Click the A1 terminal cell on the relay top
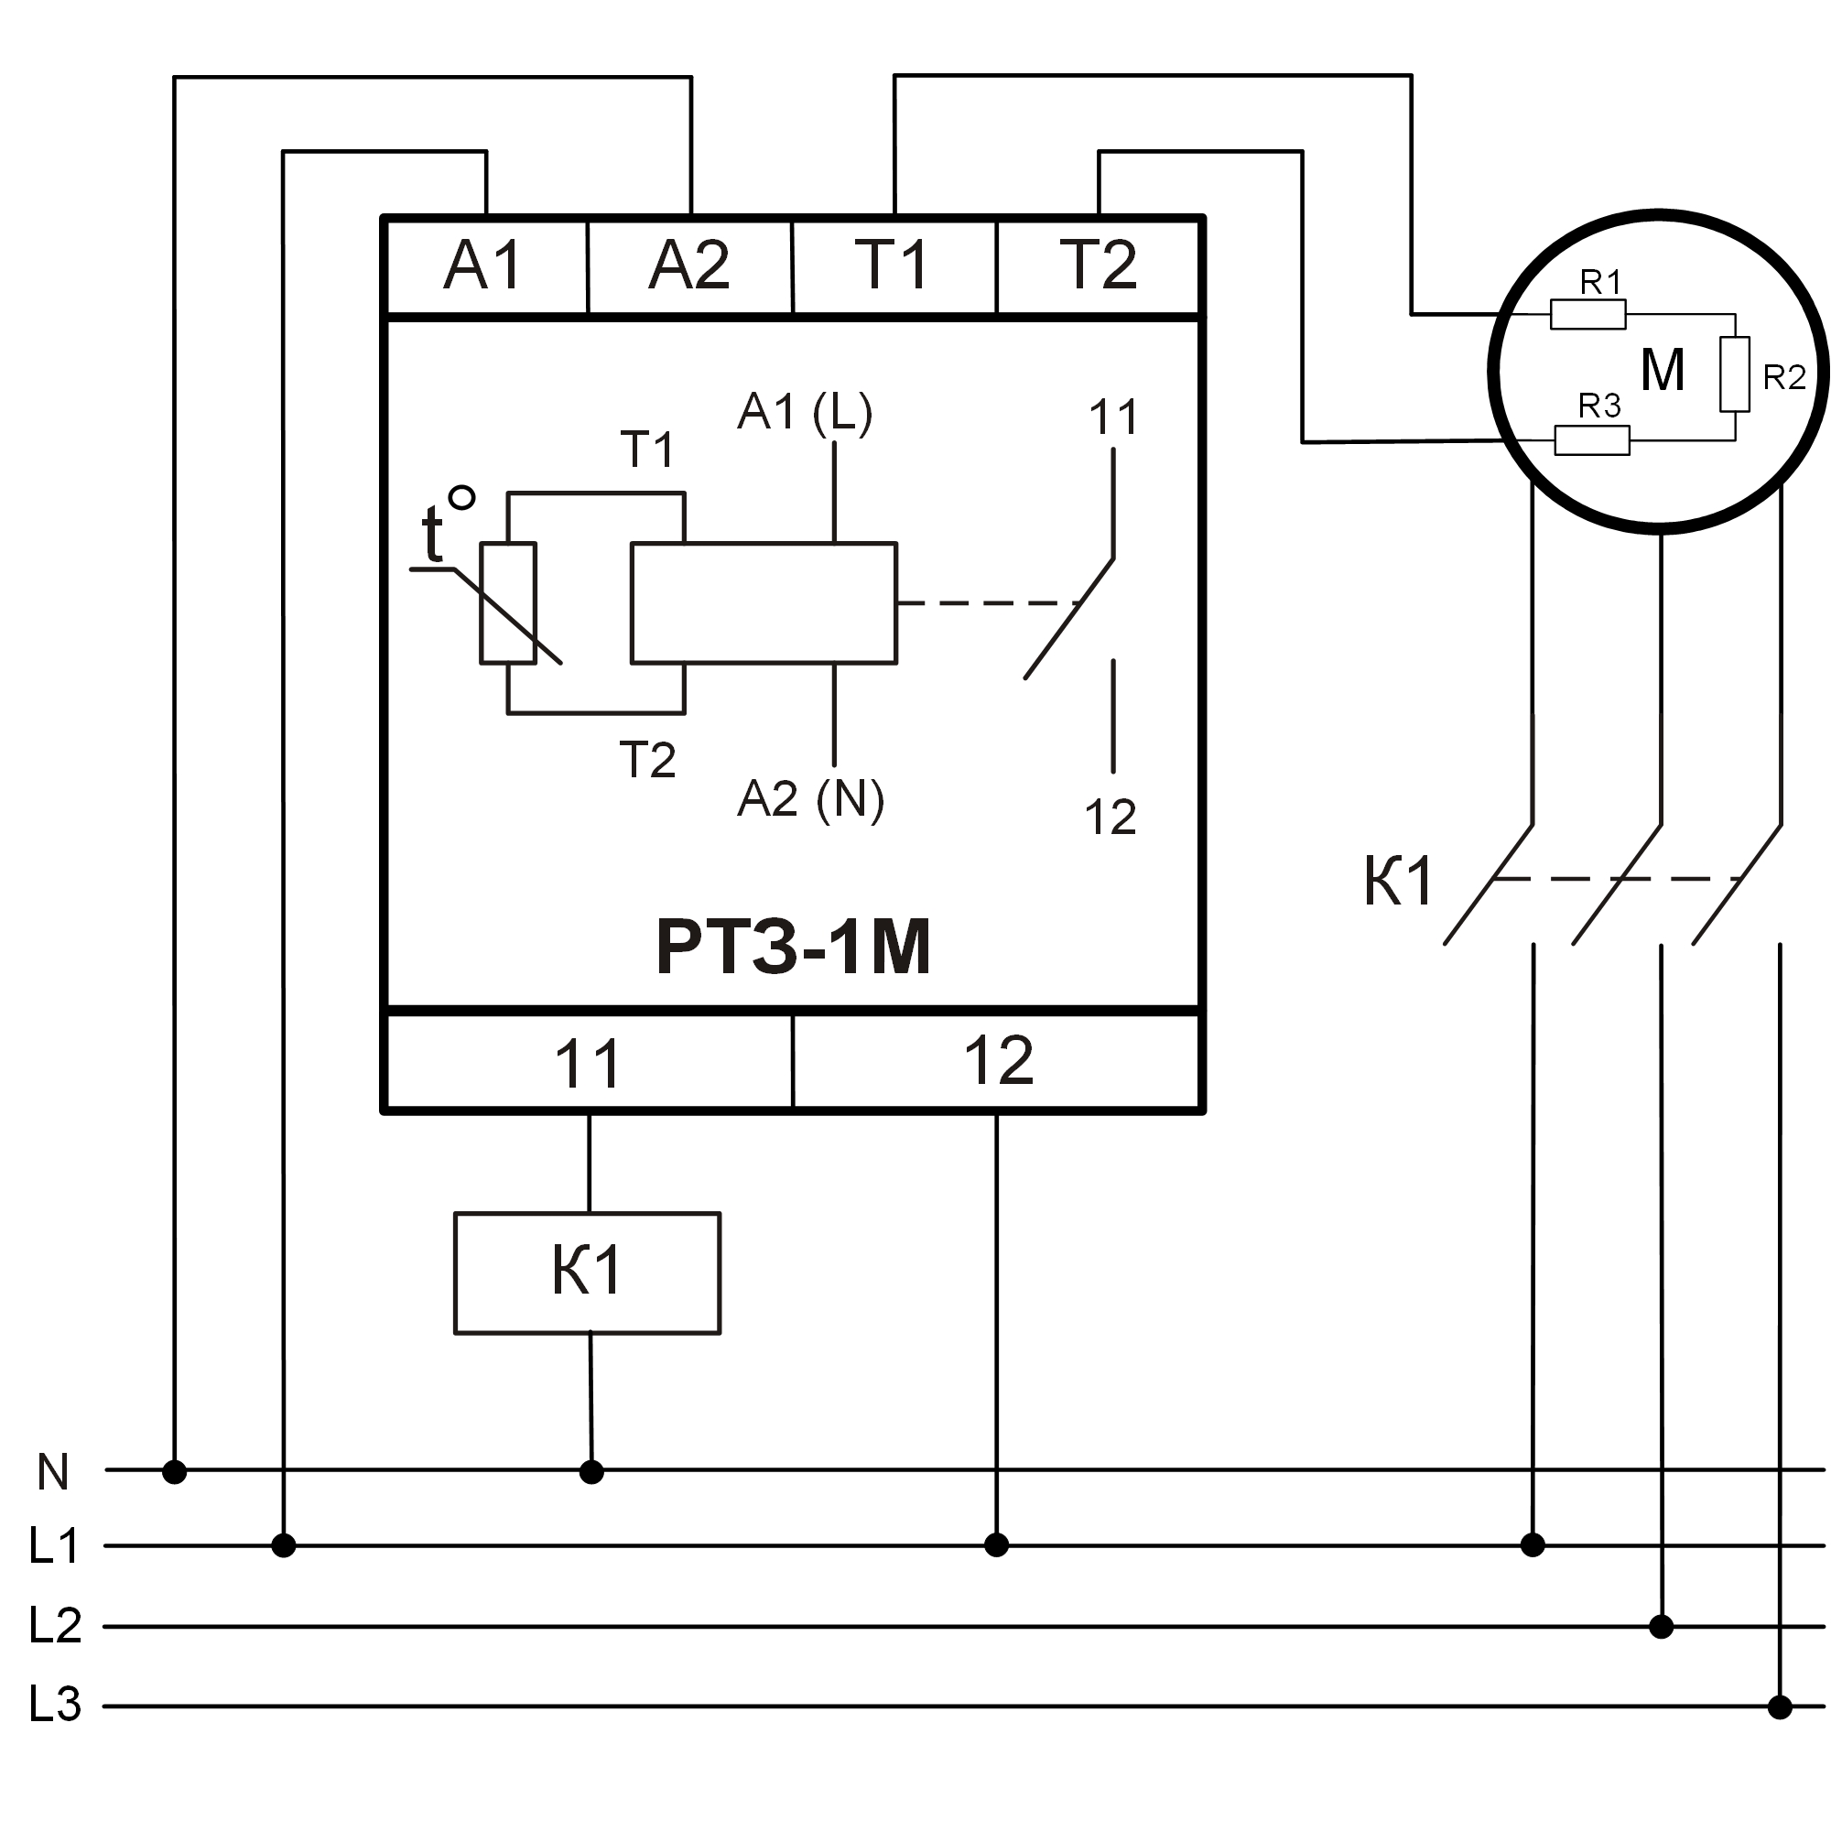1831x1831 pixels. [x=484, y=265]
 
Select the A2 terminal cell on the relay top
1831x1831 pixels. [x=689, y=265]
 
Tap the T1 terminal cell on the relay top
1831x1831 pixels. [x=893, y=265]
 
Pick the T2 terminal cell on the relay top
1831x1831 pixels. [x=1099, y=265]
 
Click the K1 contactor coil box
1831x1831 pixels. [x=587, y=1272]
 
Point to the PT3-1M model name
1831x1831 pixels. [x=793, y=947]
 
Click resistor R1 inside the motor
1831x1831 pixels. [x=1587, y=314]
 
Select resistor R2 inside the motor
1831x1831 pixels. [x=1734, y=374]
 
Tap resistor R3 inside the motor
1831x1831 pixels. [x=1592, y=439]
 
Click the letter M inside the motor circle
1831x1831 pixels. [x=1663, y=370]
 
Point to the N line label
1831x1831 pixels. [x=53, y=1472]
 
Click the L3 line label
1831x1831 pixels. [x=55, y=1704]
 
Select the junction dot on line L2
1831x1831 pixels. [x=1662, y=1627]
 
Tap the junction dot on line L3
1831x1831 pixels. [x=1780, y=1707]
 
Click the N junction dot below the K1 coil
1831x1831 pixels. [x=591, y=1472]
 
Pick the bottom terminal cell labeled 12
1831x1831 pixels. [x=998, y=1060]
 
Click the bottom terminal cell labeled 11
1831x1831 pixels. [x=588, y=1062]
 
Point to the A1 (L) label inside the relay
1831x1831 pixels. [x=805, y=412]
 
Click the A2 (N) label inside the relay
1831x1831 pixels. [x=810, y=798]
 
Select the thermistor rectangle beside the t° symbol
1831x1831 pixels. [x=508, y=602]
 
